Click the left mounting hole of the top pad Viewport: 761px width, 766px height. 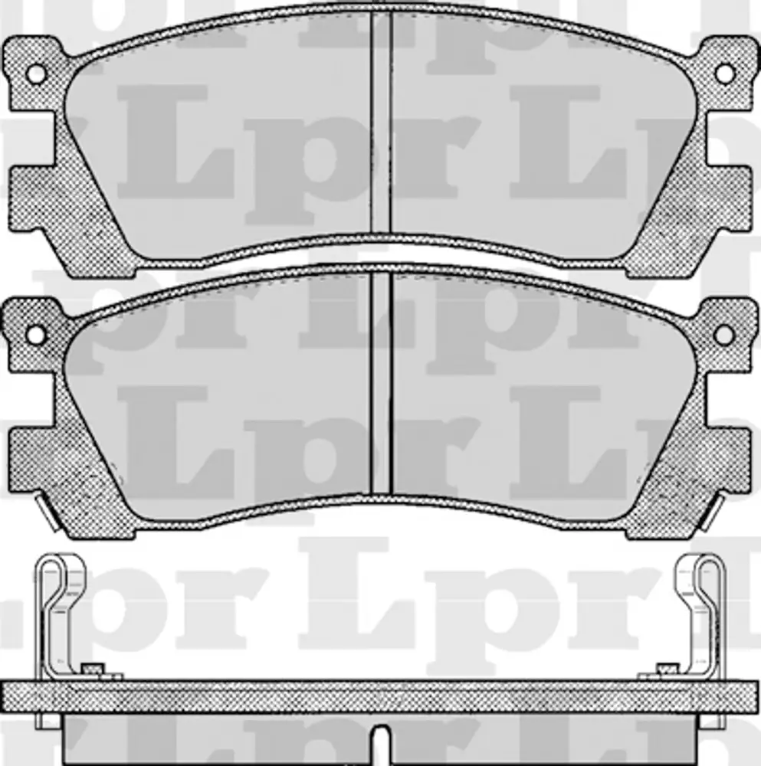pyautogui.click(x=36, y=74)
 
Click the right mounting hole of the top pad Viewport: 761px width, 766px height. pyautogui.click(x=725, y=74)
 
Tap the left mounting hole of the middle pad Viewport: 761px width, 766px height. pyautogui.click(x=36, y=335)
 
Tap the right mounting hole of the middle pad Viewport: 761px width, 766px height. pyautogui.click(x=725, y=335)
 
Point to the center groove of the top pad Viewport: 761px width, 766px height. pyautogui.click(x=381, y=121)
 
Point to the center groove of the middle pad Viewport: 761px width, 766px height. pyautogui.click(x=381, y=382)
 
